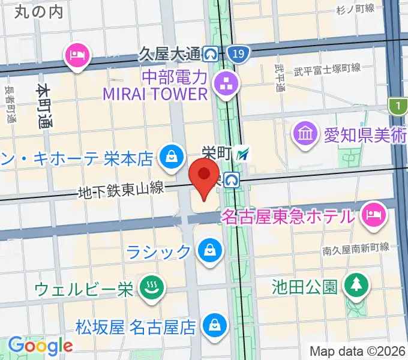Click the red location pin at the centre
204,176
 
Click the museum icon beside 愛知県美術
306,133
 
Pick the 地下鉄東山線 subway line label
121,190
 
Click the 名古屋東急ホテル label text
288,216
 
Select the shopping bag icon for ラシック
210,251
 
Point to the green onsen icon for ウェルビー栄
148,289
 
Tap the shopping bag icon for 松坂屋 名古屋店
214,326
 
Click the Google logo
40,346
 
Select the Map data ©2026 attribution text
358,352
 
